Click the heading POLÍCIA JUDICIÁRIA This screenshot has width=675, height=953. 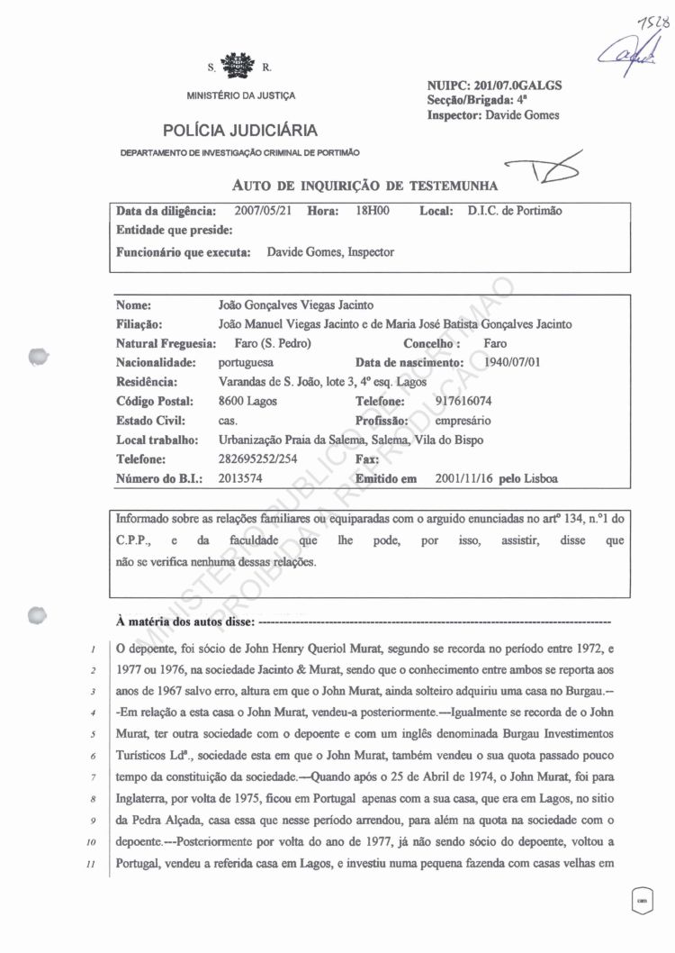point(240,131)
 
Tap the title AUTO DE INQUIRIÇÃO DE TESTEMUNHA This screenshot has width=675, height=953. point(365,186)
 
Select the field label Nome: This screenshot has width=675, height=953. point(133,305)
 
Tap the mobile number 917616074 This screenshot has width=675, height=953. point(463,401)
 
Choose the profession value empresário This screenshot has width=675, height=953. point(464,420)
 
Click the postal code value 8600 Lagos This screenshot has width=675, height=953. point(247,401)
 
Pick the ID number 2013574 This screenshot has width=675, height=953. point(240,478)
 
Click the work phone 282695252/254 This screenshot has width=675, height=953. point(260,459)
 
